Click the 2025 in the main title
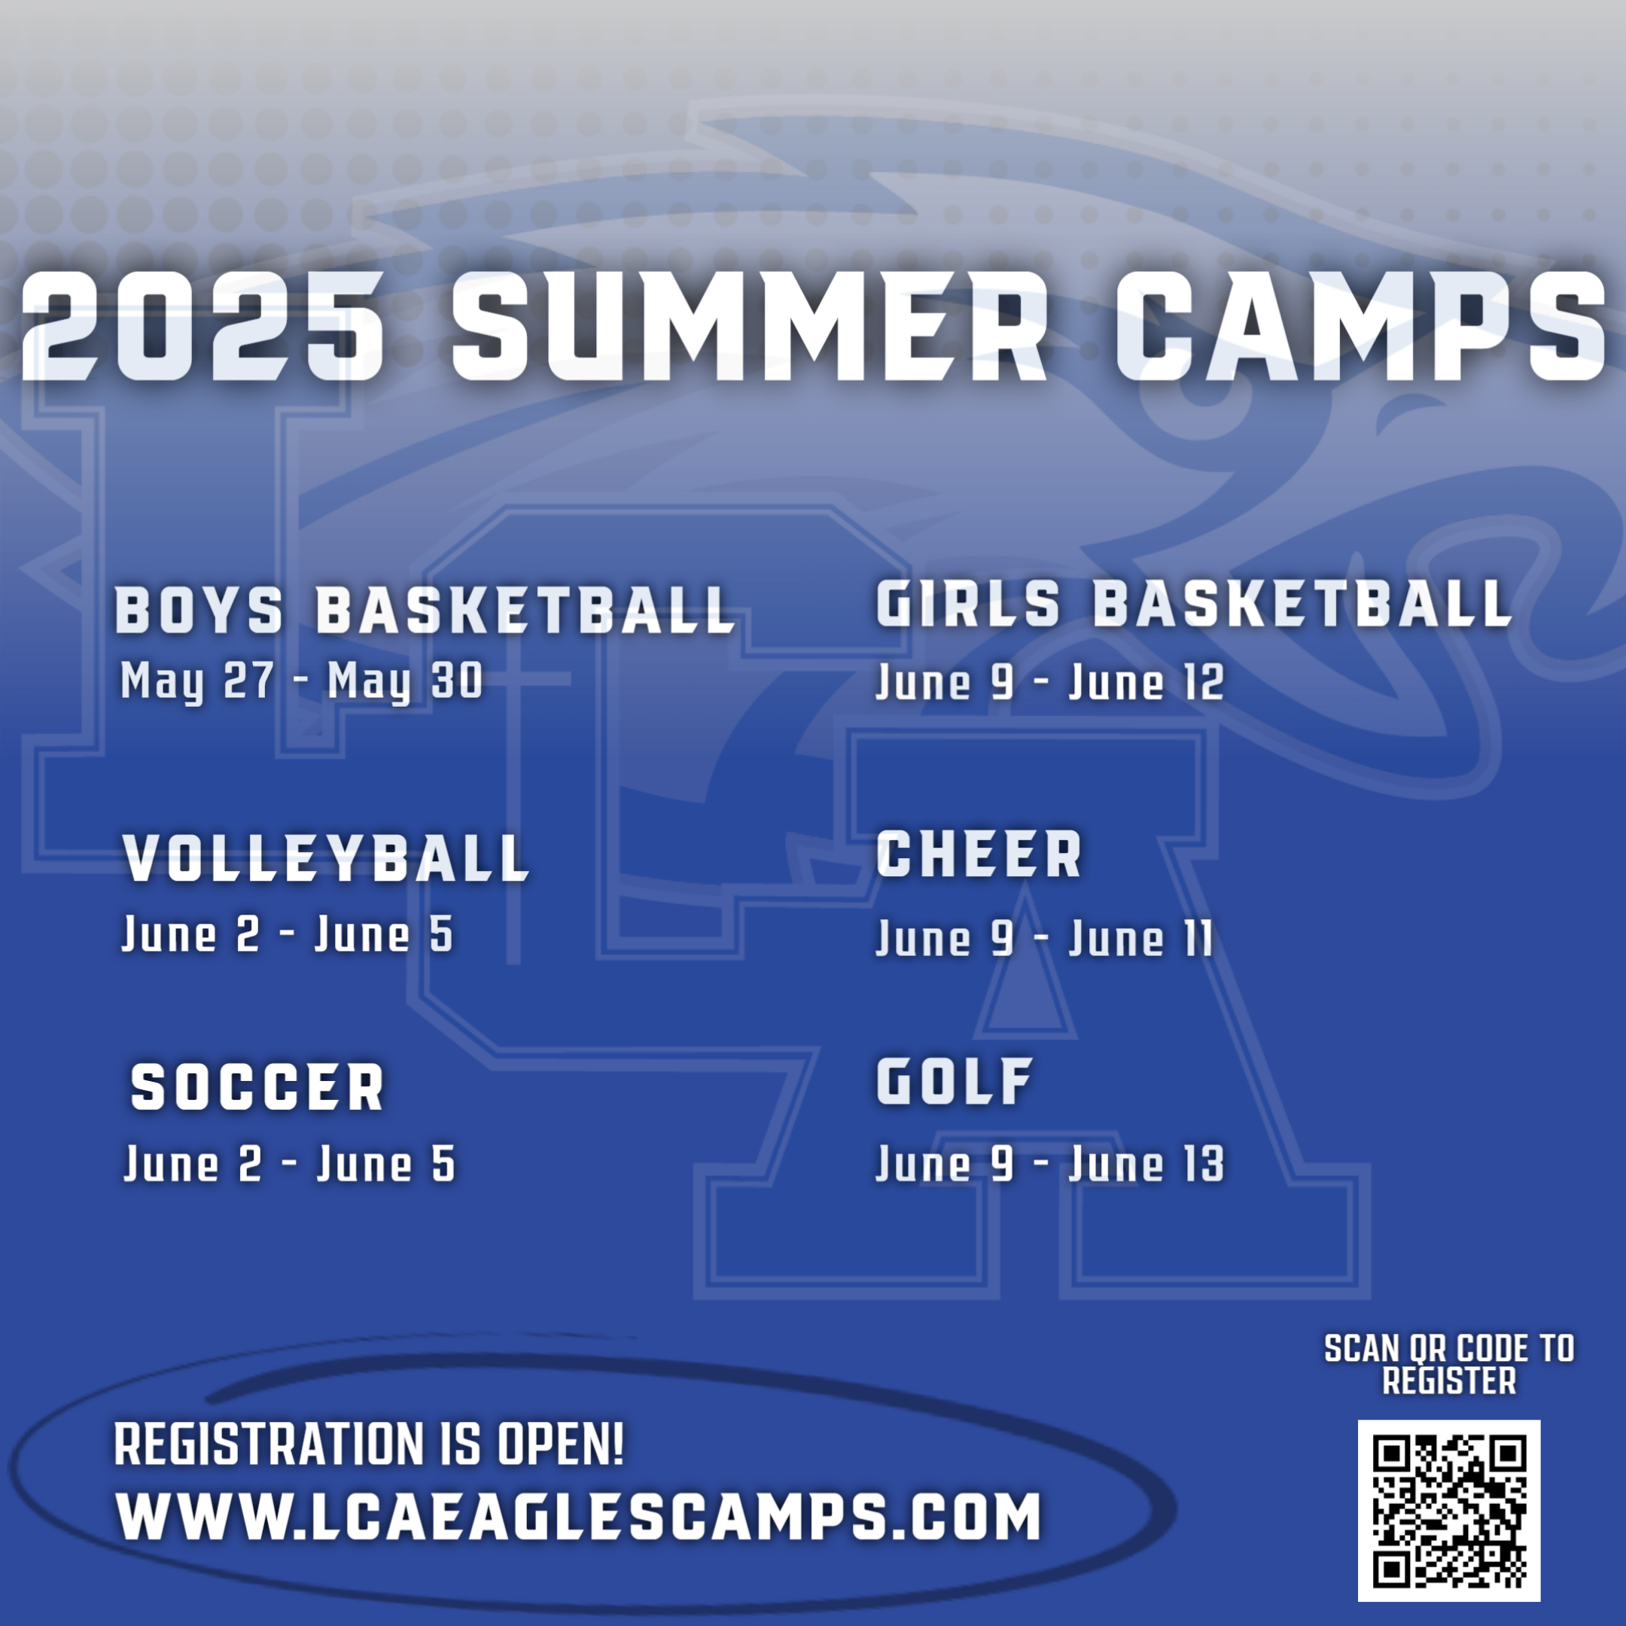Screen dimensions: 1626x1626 point(202,327)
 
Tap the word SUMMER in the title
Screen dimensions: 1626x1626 point(749,327)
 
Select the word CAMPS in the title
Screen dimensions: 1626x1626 point(1360,327)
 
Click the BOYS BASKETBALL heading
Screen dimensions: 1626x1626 point(425,609)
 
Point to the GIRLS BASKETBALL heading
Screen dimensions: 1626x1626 point(1194,604)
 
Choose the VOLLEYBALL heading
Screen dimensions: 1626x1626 point(326,858)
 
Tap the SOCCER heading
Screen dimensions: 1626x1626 point(257,1086)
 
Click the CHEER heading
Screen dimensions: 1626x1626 point(979,854)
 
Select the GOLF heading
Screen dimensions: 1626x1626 point(955,1082)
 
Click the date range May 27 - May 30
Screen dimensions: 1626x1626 point(302,681)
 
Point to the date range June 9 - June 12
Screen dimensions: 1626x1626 point(1050,682)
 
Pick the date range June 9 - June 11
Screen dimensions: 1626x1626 point(1044,937)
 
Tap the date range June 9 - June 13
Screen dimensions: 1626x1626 point(1050,1164)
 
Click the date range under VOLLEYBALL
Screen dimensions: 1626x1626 point(288,934)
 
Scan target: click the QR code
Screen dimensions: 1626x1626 point(1448,1511)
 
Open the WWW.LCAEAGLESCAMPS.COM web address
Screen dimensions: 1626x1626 point(578,1517)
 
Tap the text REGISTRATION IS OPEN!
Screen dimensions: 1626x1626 point(369,1445)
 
